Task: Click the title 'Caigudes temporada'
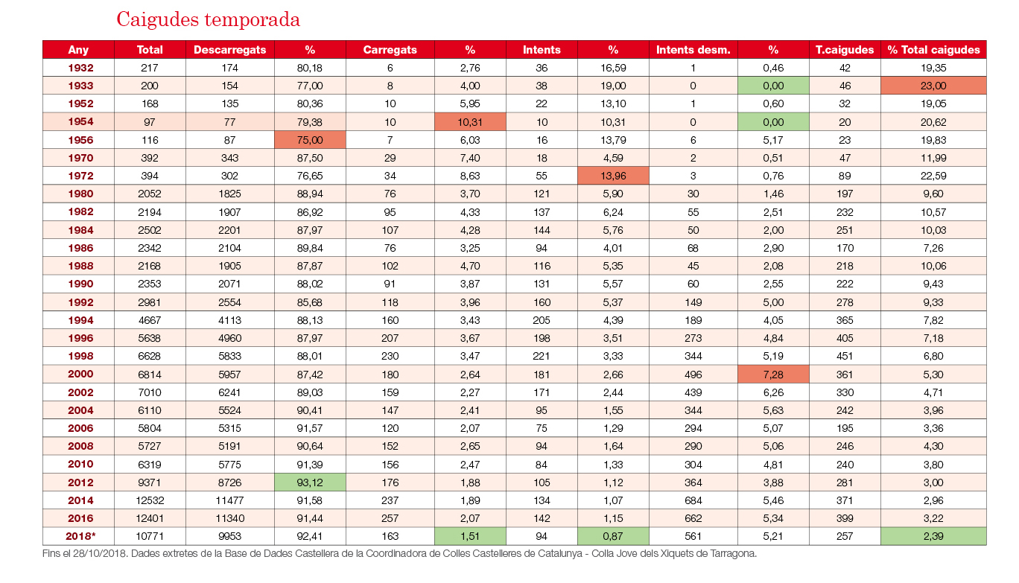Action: (208, 19)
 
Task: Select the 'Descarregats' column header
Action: (229, 50)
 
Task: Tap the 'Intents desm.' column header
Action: (693, 50)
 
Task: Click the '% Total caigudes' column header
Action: (933, 50)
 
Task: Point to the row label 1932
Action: (80, 68)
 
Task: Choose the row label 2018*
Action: (80, 536)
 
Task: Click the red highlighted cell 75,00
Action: (310, 140)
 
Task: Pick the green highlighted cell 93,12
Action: (310, 482)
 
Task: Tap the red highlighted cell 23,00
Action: (933, 86)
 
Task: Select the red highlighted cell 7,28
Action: (773, 375)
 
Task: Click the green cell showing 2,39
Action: (933, 536)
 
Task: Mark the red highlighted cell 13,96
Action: (613, 176)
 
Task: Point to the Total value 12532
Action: (150, 500)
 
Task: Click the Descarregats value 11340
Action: (229, 518)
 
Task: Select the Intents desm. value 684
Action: (693, 500)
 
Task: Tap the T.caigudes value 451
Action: (845, 356)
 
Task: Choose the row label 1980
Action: (80, 194)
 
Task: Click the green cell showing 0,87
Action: (613, 536)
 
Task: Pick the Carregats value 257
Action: (390, 518)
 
